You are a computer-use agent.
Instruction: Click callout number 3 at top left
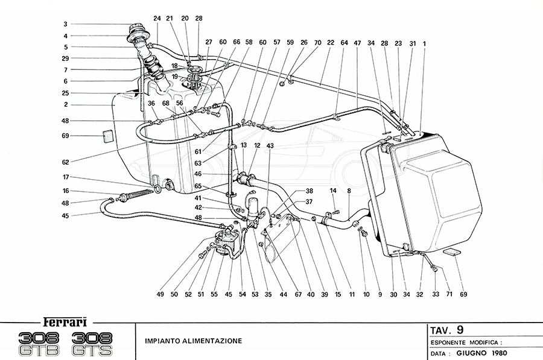pyautogui.click(x=65, y=25)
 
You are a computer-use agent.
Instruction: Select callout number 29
pyautogui.click(x=65, y=58)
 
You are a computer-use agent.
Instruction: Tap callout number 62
pyautogui.click(x=65, y=162)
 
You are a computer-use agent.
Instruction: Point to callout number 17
pyautogui.click(x=65, y=177)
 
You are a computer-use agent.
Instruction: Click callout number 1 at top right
pyautogui.click(x=424, y=43)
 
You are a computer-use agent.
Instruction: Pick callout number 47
pyautogui.click(x=357, y=43)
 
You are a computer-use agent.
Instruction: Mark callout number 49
pyautogui.click(x=159, y=294)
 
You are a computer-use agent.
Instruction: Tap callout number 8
pyautogui.click(x=349, y=191)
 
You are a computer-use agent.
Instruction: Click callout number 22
pyautogui.click(x=331, y=43)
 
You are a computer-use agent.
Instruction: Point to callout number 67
pyautogui.click(x=297, y=294)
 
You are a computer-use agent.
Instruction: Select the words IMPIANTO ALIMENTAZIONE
pyautogui.click(x=193, y=341)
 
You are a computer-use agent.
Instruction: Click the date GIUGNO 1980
pyautogui.click(x=476, y=353)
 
